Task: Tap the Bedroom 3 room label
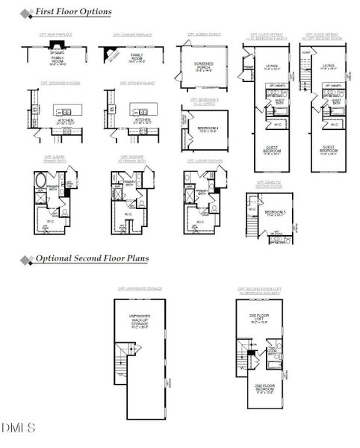coord(273,213)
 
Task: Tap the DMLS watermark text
coord(19,428)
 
